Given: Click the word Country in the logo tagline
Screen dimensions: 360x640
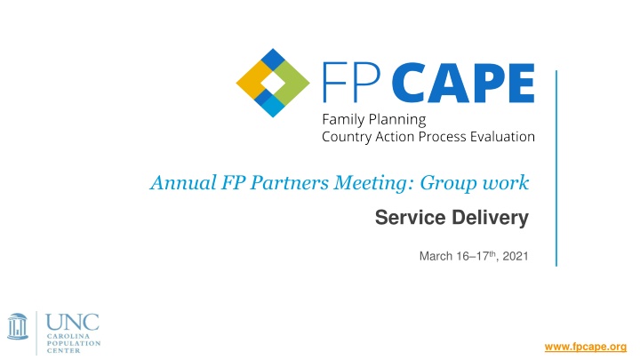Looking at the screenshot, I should [x=348, y=136].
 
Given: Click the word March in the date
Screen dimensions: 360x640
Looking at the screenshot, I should [x=432, y=257].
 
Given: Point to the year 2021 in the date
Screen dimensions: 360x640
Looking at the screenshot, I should [x=516, y=257].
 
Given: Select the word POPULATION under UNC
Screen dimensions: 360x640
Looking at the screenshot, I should [x=75, y=342].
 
